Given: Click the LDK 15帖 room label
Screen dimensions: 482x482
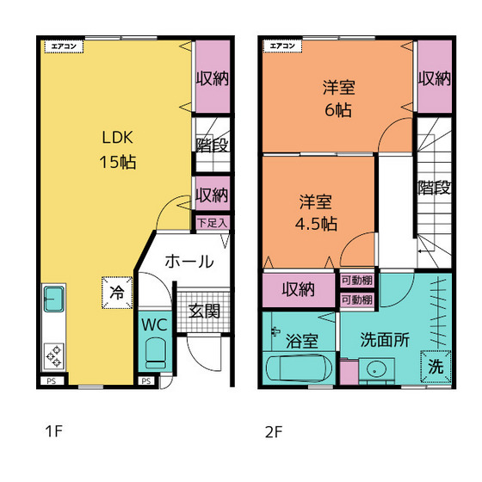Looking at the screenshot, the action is [x=117, y=150].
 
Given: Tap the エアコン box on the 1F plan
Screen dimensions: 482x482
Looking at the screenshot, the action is [x=64, y=46].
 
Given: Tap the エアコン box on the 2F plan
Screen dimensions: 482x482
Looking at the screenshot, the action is [x=282, y=46].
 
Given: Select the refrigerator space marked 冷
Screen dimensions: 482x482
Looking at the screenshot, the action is [x=117, y=293].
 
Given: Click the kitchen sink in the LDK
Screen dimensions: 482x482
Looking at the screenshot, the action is [x=54, y=299].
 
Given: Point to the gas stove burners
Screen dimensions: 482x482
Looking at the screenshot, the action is [x=54, y=356].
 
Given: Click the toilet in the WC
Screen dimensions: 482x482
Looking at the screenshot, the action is [x=155, y=353].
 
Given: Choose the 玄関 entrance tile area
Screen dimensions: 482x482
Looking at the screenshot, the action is [x=203, y=312].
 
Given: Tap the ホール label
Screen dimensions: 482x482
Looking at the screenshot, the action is [x=189, y=262].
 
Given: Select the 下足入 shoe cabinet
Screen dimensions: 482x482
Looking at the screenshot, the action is [x=213, y=223].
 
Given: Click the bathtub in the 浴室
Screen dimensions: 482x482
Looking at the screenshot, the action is [x=299, y=368].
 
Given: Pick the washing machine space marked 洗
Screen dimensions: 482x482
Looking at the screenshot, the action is [x=436, y=367].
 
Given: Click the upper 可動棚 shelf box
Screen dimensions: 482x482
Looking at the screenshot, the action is [x=357, y=281].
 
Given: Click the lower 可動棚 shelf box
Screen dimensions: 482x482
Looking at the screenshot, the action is [x=357, y=300].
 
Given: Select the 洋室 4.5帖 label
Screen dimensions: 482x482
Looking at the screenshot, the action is [x=316, y=213].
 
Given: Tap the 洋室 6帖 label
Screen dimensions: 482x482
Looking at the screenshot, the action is [x=338, y=98].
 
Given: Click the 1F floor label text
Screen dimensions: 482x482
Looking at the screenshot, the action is [x=54, y=431].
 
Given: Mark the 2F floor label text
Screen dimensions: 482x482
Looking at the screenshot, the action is [x=274, y=431].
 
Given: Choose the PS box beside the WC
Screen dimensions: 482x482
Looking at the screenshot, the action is [x=146, y=381].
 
